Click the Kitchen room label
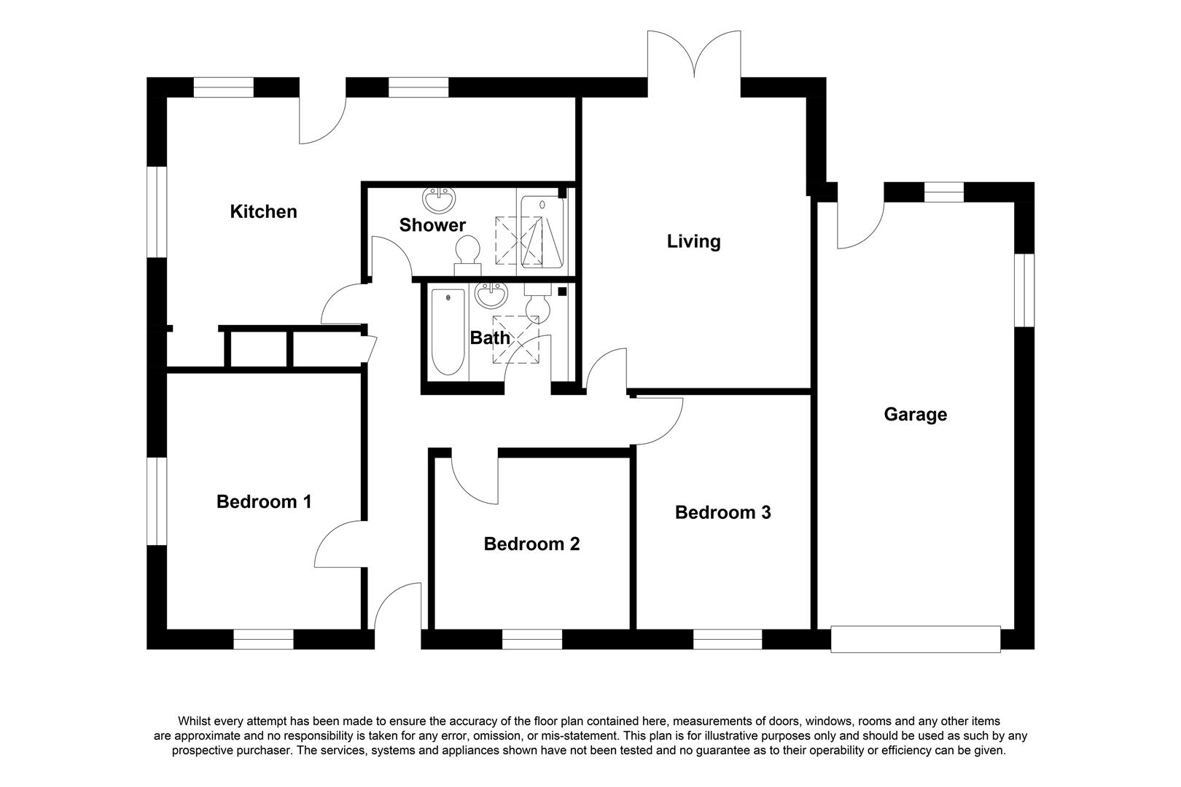(264, 212)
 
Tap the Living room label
(694, 241)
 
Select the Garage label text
(916, 415)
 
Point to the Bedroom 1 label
(264, 502)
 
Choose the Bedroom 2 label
(531, 544)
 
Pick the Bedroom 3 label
(723, 512)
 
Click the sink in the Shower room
(439, 200)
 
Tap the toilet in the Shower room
(467, 256)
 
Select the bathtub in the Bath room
(448, 332)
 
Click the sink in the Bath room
(491, 295)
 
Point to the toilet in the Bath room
(538, 303)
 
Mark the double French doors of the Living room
(694, 55)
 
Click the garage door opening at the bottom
(916, 639)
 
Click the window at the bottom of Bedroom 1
(264, 639)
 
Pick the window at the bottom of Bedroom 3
(728, 639)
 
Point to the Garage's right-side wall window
(1024, 291)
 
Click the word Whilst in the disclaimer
(195, 721)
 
